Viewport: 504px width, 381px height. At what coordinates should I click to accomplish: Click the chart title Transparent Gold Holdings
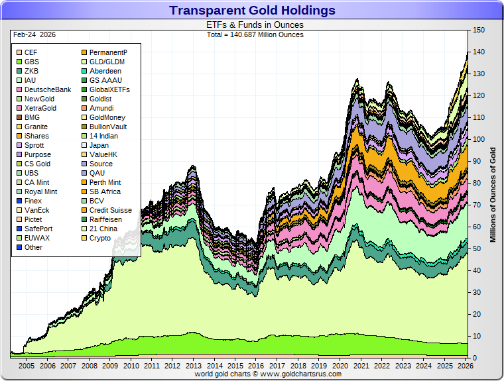point(252,11)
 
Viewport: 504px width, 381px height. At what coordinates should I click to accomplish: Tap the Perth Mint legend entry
point(105,182)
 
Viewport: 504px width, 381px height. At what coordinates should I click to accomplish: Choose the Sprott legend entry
point(33,145)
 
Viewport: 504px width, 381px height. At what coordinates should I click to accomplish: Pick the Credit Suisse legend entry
point(110,210)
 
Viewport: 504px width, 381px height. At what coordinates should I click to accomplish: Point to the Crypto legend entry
point(100,238)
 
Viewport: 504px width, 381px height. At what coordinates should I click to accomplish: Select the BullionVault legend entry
point(108,127)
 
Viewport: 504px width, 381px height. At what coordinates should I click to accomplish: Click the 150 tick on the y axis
point(477,30)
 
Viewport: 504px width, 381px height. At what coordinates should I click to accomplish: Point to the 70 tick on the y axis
point(475,205)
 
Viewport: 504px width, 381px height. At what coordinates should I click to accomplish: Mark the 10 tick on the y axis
point(475,336)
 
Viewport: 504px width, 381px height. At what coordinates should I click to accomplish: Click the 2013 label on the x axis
point(193,366)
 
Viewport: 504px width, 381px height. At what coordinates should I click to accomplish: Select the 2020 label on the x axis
point(340,366)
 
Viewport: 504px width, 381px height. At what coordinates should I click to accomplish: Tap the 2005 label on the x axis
point(26,366)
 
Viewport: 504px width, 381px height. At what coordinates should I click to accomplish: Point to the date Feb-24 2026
point(33,34)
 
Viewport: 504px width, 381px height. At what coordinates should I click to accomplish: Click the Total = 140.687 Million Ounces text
point(255,34)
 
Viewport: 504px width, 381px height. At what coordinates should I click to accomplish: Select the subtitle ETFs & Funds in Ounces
point(255,25)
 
